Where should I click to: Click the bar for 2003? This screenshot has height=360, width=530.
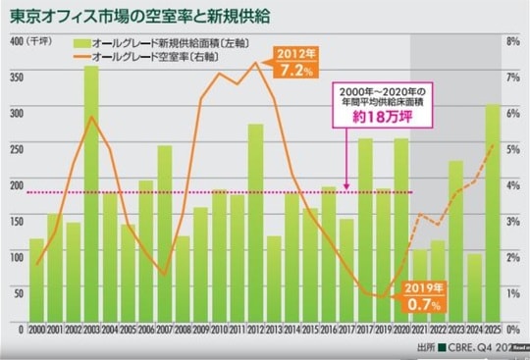pyautogui.click(x=90, y=196)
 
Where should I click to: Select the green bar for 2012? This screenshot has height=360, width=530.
pyautogui.click(x=254, y=226)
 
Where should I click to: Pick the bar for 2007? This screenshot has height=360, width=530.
pyautogui.click(x=164, y=235)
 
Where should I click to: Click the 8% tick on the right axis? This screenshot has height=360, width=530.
pyautogui.click(x=512, y=42)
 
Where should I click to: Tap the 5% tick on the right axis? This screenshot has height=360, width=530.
pyautogui.click(x=512, y=149)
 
